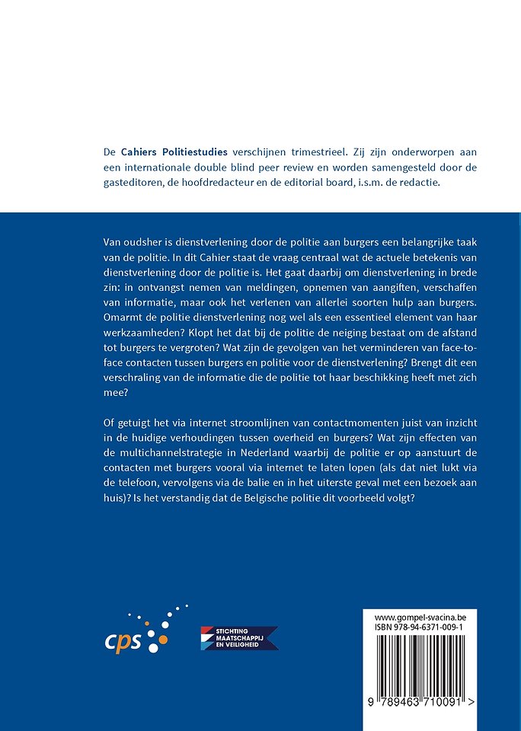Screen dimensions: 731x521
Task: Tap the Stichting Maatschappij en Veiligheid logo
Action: point(238,638)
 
